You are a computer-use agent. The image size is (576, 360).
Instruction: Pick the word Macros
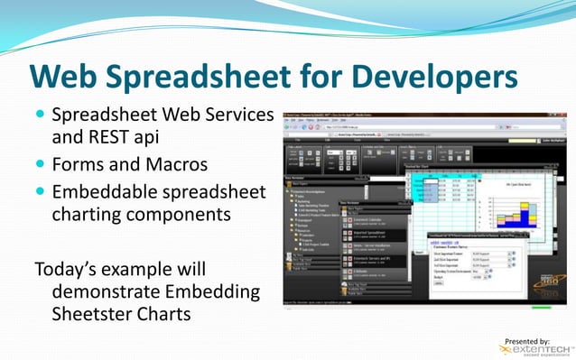click(x=177, y=166)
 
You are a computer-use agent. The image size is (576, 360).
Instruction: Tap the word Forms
click(x=80, y=166)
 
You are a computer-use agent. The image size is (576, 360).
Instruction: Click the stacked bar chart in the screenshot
click(x=523, y=207)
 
